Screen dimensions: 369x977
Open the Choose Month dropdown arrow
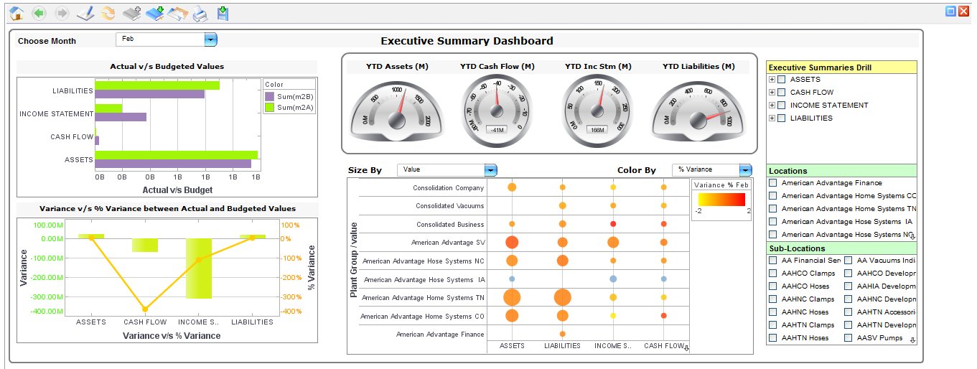pyautogui.click(x=210, y=40)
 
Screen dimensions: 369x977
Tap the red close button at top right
pyautogui.click(x=963, y=11)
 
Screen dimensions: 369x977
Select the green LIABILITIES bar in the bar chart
pyautogui.click(x=157, y=85)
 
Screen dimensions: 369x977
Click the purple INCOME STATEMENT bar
pyautogui.click(x=121, y=117)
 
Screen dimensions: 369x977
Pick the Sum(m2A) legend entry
pyautogui.click(x=290, y=108)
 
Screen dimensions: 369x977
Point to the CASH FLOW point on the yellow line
pyautogui.click(x=145, y=309)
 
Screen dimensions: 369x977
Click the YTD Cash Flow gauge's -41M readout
pyautogui.click(x=496, y=130)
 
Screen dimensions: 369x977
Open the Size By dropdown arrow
pyautogui.click(x=491, y=170)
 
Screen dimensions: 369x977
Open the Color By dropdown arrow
pyautogui.click(x=745, y=170)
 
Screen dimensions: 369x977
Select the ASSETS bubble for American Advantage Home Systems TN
pyautogui.click(x=512, y=297)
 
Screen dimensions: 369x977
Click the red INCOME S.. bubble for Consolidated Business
pyautogui.click(x=613, y=224)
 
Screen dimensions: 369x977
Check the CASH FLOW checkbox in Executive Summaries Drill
pyautogui.click(x=782, y=93)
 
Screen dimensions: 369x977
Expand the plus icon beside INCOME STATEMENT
pyautogui.click(x=772, y=106)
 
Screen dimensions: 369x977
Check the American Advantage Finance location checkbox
pyautogui.click(x=773, y=183)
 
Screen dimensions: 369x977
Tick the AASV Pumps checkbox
pyautogui.click(x=849, y=338)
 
